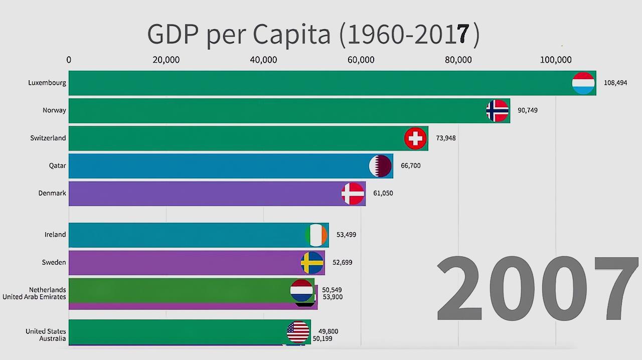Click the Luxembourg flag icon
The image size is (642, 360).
tap(583, 83)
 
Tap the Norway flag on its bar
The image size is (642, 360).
tap(498, 111)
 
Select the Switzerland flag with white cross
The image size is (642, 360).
tap(415, 138)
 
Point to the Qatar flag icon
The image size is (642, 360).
tap(380, 166)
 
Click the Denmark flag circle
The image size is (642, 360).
tap(353, 194)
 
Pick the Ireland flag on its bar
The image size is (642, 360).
tap(316, 235)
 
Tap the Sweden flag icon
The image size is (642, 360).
tap(312, 263)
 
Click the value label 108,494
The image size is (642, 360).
tap(615, 83)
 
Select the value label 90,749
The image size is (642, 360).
tap(527, 110)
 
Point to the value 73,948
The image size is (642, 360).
tap(445, 138)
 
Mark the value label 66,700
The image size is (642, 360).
tap(410, 165)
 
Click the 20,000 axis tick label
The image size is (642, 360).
tap(166, 60)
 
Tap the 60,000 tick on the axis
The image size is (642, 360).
tap(361, 60)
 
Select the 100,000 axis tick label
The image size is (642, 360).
tap(555, 60)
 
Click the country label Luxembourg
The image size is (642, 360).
tap(47, 83)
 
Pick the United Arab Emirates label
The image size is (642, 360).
tap(34, 297)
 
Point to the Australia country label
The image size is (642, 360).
tap(53, 338)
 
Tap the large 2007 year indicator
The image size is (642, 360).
tap(537, 290)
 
